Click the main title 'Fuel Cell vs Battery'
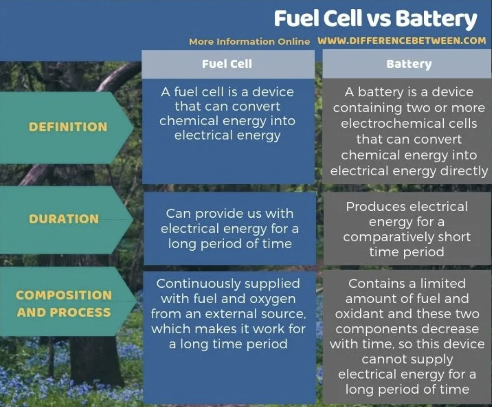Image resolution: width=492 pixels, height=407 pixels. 376,19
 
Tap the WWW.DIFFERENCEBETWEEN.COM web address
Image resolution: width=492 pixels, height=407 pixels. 402,41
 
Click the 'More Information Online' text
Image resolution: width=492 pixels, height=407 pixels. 249,42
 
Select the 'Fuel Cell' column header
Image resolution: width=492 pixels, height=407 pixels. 227,64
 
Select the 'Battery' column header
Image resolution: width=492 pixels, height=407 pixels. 409,64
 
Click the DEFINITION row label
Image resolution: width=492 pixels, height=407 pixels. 68,126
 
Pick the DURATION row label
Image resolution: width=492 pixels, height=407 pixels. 64,219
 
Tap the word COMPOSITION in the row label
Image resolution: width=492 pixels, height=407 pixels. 64,295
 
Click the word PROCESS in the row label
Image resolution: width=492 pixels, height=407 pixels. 80,312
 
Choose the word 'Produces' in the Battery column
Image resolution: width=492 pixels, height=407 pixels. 376,207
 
